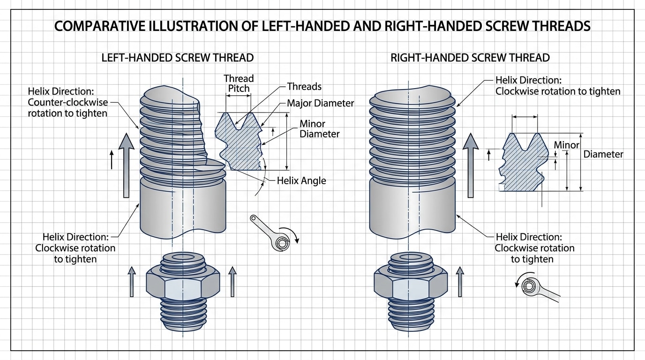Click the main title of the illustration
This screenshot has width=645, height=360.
(322, 26)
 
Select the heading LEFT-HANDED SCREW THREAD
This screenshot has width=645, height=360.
(178, 58)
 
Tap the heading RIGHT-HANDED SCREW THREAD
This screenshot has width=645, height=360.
(470, 58)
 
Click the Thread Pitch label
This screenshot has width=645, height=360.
(238, 83)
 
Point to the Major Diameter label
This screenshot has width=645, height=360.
(320, 103)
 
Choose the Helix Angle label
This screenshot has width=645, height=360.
(301, 180)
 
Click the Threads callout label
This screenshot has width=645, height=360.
(304, 86)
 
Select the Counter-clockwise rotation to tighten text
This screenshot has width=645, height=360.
(67, 107)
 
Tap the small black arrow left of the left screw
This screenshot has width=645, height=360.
(112, 159)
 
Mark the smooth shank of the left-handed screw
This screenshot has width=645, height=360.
(183, 206)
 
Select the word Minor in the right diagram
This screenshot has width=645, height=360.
(567, 145)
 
